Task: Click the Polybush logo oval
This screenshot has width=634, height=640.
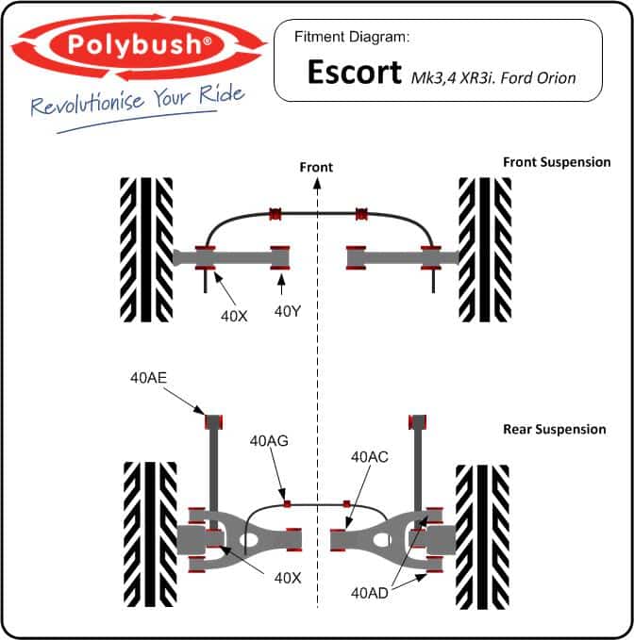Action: coord(137,44)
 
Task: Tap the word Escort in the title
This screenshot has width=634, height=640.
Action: coord(354,73)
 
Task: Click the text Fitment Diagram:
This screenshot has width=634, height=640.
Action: coord(352,37)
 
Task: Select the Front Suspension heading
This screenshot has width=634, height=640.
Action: coord(557,162)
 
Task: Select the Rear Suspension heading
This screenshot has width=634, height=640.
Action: coord(555,430)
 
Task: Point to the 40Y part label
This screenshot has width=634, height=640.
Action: coord(288,311)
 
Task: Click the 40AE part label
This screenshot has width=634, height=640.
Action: coord(148,378)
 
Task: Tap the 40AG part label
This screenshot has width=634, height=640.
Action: coord(269,441)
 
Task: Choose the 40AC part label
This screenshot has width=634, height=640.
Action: coord(370,457)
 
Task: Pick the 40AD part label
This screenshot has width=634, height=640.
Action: coord(370,593)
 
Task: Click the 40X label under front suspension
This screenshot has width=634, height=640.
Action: coord(234,316)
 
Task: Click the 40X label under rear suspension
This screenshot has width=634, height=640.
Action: coord(288,578)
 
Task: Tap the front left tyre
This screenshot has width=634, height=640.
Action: coord(146,250)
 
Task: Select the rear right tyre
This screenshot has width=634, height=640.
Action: coord(482,537)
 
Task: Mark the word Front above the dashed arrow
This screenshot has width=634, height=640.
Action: coord(316,168)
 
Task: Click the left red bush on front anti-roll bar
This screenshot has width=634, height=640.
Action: coord(275,214)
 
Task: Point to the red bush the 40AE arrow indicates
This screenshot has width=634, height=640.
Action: coord(213,422)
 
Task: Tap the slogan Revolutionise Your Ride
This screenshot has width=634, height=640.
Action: coord(138,101)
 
